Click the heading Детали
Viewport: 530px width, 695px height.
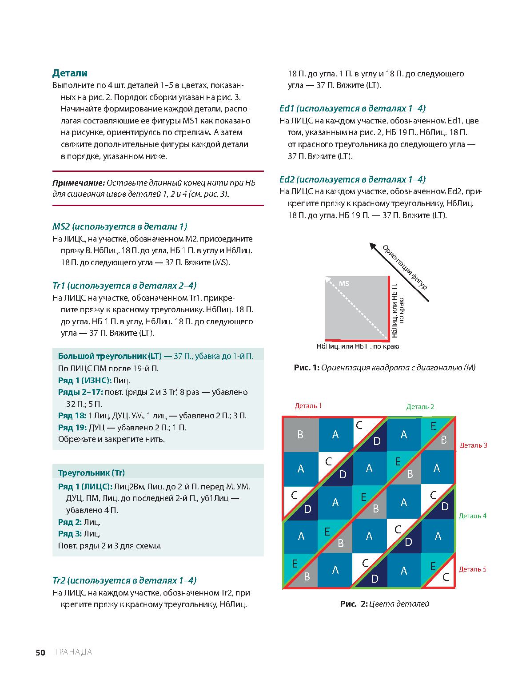click(70, 73)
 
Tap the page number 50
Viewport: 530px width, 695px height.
click(40, 652)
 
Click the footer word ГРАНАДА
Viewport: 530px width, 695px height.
click(74, 652)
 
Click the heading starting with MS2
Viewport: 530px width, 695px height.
click(120, 226)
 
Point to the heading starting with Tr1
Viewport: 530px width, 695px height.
click(124, 286)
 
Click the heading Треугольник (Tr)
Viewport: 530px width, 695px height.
click(92, 473)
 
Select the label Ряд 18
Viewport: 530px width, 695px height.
click(72, 416)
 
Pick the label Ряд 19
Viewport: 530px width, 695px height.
click(72, 428)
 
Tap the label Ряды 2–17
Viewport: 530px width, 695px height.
click(80, 392)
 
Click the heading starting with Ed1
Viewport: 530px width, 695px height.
click(352, 108)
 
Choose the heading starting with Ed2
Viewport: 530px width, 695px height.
click(352, 179)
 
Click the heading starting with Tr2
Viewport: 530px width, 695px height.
click(124, 580)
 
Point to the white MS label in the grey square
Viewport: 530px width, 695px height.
click(344, 283)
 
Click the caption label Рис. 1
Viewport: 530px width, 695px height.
click(307, 368)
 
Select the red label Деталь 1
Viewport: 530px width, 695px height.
click(308, 406)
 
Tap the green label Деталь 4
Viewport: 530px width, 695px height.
click(472, 516)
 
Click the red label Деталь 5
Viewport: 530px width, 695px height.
click(472, 569)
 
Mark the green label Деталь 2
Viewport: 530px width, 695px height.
click(420, 407)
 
